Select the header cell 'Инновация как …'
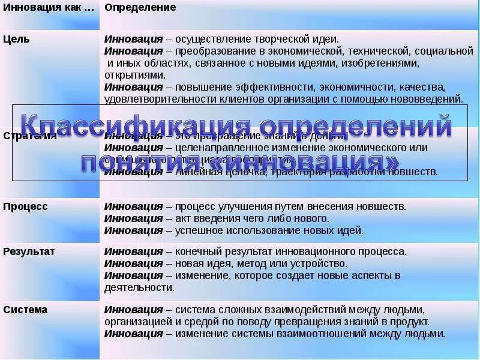coord(49,7)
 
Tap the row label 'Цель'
coord(16,38)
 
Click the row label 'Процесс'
coord(25,206)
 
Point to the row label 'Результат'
coord(29,251)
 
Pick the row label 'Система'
coord(25,310)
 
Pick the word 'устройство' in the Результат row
coord(321,263)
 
